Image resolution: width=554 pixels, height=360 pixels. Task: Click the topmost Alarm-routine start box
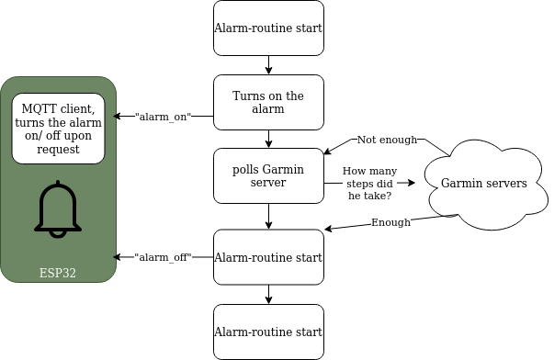pos(268,28)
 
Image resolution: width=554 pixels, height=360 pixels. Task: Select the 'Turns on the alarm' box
pos(268,102)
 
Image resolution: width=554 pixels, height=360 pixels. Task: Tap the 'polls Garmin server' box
pos(268,175)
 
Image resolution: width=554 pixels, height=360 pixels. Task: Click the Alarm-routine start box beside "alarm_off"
pos(268,257)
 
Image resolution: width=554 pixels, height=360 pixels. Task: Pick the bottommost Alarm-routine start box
pos(268,332)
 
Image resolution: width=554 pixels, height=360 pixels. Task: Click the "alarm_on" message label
pos(163,117)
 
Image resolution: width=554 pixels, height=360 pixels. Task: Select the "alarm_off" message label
pos(163,257)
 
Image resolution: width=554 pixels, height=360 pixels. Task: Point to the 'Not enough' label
pos(387,140)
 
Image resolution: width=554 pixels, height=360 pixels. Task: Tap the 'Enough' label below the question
pos(390,222)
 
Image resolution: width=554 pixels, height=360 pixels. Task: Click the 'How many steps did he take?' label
pos(368,183)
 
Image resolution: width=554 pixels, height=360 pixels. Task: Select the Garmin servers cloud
pos(483,184)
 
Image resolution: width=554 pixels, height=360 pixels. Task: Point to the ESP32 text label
pos(58,273)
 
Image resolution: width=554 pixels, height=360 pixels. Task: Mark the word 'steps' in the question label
pos(361,183)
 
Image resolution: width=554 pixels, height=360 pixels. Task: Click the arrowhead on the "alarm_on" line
pos(116,117)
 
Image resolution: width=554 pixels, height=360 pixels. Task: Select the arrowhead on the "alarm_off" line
pos(116,257)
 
